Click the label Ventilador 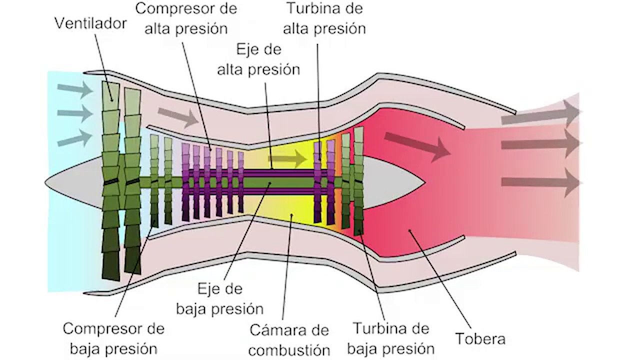(x=90, y=23)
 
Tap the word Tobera (x=480, y=338)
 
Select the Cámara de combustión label (x=289, y=340)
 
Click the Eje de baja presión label (x=219, y=299)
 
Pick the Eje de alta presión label (x=258, y=59)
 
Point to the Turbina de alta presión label (x=324, y=18)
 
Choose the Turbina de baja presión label (x=391, y=338)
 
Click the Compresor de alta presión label (x=186, y=18)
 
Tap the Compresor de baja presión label (x=113, y=339)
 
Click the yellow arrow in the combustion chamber (x=288, y=158)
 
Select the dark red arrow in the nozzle (x=417, y=146)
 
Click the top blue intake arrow (x=75, y=89)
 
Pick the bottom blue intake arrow (x=75, y=138)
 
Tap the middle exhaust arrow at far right (x=542, y=143)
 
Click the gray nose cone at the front (x=74, y=182)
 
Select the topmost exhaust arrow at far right (x=542, y=113)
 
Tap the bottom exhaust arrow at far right (x=542, y=182)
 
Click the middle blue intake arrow (x=75, y=113)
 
